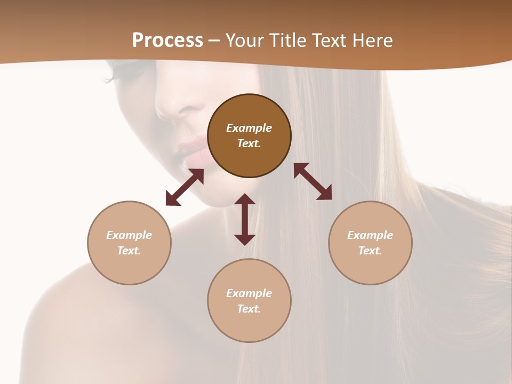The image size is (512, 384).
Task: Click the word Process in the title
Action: coord(167,41)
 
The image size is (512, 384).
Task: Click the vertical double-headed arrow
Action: coord(245,219)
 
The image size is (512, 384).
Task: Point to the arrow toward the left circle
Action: coord(185,187)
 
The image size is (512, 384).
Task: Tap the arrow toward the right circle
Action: coord(313,181)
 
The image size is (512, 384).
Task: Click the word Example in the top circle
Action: coord(249,128)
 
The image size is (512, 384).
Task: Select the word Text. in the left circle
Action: coord(129,251)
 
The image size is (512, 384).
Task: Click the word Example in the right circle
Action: coord(370,235)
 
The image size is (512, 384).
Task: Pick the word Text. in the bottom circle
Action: coord(249,309)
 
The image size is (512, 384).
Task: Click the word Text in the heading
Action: coord(329,41)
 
